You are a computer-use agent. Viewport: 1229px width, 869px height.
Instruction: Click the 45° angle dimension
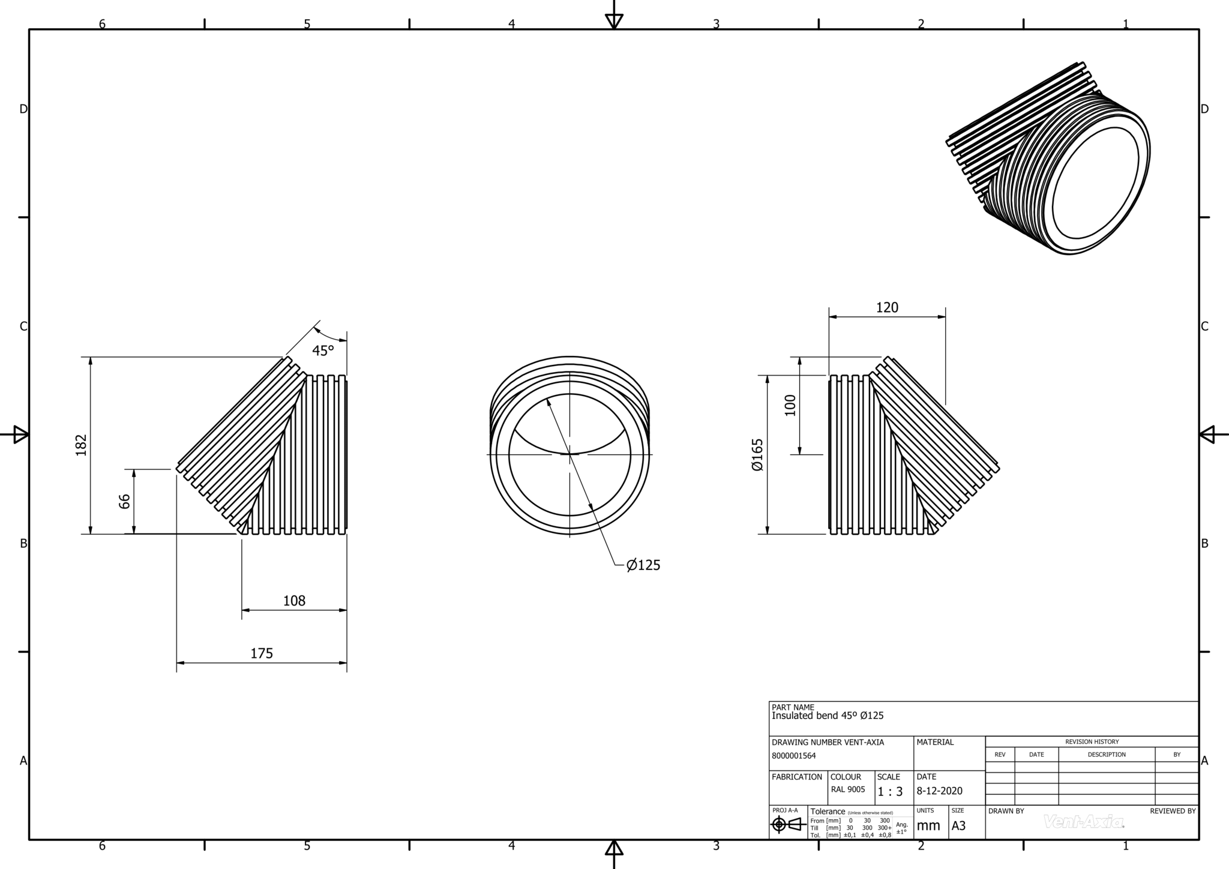pyautogui.click(x=322, y=350)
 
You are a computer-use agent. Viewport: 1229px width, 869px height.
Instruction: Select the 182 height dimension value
pyautogui.click(x=82, y=445)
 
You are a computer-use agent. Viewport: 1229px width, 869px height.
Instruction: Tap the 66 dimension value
pyautogui.click(x=124, y=501)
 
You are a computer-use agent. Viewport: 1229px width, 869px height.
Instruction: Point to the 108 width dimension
pyautogui.click(x=294, y=601)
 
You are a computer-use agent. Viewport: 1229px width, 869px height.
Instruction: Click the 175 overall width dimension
pyautogui.click(x=262, y=654)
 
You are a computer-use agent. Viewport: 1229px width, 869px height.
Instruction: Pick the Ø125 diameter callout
pyautogui.click(x=643, y=565)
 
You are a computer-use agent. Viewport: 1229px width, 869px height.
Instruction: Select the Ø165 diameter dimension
pyautogui.click(x=757, y=455)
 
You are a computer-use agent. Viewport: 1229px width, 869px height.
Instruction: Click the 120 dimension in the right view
pyautogui.click(x=887, y=308)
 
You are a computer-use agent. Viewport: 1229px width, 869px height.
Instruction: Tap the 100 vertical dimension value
pyautogui.click(x=790, y=405)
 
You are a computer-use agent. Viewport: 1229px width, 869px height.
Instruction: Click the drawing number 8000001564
pyautogui.click(x=793, y=756)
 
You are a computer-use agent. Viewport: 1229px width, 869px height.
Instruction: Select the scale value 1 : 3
pyautogui.click(x=890, y=792)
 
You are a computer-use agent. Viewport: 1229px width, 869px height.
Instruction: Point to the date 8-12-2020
pyautogui.click(x=939, y=791)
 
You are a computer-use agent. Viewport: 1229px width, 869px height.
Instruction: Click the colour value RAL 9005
pyautogui.click(x=848, y=790)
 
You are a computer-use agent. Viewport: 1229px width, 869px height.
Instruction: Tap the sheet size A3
pyautogui.click(x=958, y=826)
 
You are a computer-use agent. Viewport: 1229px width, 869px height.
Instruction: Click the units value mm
pyautogui.click(x=928, y=826)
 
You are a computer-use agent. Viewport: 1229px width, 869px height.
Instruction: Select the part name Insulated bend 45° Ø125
pyautogui.click(x=828, y=716)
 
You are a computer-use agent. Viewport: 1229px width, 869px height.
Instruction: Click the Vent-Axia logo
pyautogui.click(x=1084, y=822)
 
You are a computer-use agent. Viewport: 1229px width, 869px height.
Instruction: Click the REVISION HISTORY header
pyautogui.click(x=1092, y=742)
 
